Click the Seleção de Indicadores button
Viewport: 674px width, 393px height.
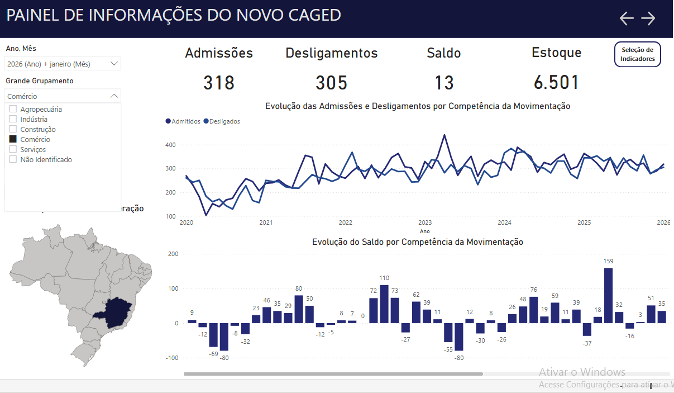(637, 54)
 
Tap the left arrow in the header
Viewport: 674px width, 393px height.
(627, 18)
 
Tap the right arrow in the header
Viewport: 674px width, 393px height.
(648, 18)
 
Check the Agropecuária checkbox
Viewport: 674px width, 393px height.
(13, 109)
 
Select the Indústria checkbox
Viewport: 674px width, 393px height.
(13, 119)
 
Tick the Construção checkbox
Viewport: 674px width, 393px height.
(13, 129)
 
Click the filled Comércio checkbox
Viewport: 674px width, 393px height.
(13, 139)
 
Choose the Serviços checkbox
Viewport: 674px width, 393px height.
(13, 149)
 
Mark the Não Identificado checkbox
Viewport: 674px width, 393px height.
(13, 159)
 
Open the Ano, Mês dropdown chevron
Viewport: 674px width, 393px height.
(114, 64)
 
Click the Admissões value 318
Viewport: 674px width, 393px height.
(219, 83)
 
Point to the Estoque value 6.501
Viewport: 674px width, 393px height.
(556, 83)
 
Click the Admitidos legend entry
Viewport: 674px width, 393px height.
(183, 121)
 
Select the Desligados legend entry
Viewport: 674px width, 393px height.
(222, 121)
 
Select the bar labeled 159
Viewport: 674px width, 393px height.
(609, 295)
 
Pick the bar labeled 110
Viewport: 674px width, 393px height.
(384, 304)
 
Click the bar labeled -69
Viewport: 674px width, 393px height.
(213, 335)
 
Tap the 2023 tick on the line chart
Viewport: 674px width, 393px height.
(425, 222)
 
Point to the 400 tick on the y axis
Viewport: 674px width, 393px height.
(170, 145)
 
